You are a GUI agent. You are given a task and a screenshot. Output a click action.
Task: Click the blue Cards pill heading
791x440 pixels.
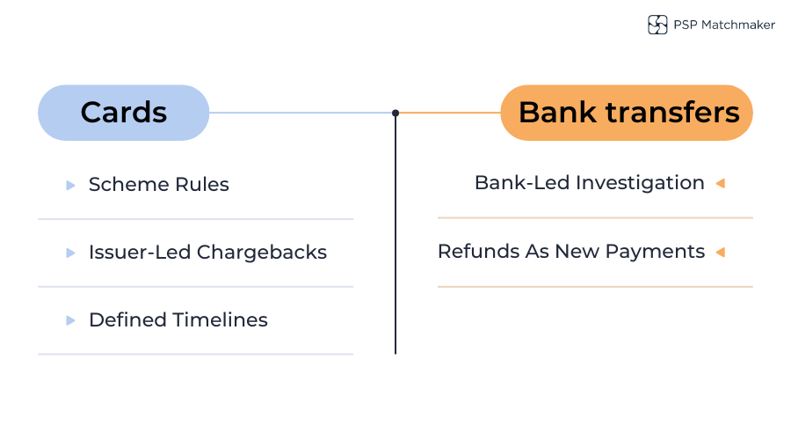point(123,113)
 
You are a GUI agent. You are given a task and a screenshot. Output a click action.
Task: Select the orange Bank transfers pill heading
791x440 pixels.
point(627,113)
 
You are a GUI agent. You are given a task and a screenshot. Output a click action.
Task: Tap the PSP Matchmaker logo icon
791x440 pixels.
point(657,25)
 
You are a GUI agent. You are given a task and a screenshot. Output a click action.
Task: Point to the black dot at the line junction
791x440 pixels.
point(395,113)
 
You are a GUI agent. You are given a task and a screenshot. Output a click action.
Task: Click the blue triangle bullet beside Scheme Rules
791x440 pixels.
point(70,185)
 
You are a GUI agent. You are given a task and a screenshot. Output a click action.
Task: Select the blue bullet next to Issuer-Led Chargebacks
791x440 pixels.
point(70,253)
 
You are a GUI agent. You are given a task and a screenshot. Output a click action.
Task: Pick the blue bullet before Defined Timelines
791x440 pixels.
point(70,320)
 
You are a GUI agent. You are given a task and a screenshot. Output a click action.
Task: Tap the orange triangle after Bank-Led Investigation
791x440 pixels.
point(720,183)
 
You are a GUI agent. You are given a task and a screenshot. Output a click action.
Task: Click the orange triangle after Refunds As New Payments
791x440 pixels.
point(720,252)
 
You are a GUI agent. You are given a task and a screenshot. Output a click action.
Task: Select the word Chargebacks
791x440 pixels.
point(262,253)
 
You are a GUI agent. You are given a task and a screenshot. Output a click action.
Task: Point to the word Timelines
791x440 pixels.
point(221,320)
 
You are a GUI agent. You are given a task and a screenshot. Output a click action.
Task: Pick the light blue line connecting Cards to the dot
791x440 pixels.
point(299,113)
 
